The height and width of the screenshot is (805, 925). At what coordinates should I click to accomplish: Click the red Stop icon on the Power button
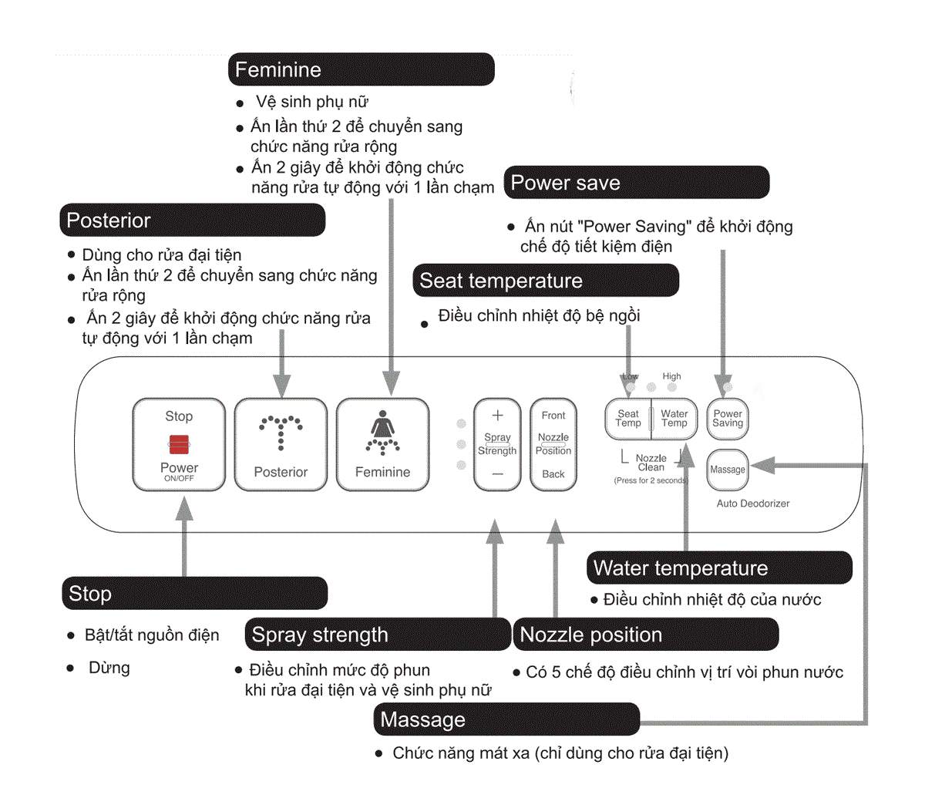(179, 444)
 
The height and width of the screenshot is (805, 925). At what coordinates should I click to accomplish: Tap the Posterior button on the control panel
(281, 444)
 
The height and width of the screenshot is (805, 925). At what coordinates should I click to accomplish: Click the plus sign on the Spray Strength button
(497, 416)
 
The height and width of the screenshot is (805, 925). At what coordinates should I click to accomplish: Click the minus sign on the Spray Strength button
(497, 473)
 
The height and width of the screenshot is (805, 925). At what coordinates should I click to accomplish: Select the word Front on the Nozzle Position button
(553, 416)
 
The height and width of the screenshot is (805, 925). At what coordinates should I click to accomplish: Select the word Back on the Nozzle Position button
(553, 474)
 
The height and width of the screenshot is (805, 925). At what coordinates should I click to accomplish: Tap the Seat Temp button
(628, 419)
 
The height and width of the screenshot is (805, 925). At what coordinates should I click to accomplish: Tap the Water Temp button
(674, 419)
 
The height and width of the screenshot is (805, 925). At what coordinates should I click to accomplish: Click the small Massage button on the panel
(728, 470)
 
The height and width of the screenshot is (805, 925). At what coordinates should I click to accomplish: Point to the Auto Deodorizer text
(753, 504)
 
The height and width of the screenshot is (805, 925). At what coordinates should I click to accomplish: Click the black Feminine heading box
(361, 69)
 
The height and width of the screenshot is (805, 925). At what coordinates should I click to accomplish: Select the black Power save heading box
(637, 183)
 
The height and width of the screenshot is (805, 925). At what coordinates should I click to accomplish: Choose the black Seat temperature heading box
(546, 281)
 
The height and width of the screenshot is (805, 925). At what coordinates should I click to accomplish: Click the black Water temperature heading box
(719, 568)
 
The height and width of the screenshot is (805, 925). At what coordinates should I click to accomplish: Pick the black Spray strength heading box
(378, 635)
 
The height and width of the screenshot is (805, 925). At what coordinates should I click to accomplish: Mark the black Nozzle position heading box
(646, 635)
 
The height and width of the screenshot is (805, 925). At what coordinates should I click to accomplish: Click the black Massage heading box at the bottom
(506, 719)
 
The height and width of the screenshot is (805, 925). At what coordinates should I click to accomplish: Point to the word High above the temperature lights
(671, 376)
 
